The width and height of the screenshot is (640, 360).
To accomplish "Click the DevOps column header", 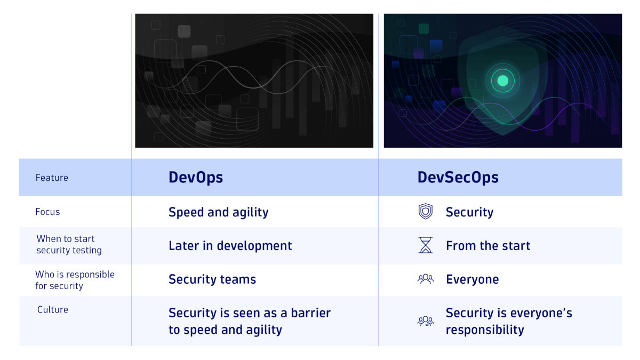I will tap(196, 177).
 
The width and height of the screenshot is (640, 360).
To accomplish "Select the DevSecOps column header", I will tap(458, 177).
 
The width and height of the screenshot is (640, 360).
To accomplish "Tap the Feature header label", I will tap(52, 178).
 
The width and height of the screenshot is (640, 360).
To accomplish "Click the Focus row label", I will tap(47, 212).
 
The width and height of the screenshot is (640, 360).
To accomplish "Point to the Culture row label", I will tap(53, 309).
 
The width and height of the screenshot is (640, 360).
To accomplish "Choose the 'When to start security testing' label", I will tap(69, 244).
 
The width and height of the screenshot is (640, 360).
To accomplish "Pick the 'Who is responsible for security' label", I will tap(75, 280).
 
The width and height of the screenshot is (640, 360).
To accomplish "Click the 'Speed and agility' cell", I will tap(218, 212).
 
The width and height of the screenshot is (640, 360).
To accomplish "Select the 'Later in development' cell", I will tap(230, 246).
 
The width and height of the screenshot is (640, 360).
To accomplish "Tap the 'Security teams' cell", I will tap(212, 279).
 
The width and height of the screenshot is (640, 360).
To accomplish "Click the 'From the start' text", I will tap(488, 246).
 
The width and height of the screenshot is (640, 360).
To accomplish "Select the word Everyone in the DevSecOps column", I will tap(472, 279).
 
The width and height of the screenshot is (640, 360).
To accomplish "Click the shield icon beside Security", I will tap(425, 212).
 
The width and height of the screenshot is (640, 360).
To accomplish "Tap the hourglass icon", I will tap(425, 245).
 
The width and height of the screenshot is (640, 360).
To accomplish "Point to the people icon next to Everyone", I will tap(425, 279).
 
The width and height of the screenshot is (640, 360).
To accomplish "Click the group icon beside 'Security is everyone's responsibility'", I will tap(425, 321).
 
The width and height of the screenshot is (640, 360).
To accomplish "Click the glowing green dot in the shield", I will tap(502, 81).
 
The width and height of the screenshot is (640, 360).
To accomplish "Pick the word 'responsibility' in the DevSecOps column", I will tap(484, 330).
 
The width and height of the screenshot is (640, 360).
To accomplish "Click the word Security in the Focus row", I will tap(469, 212).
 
